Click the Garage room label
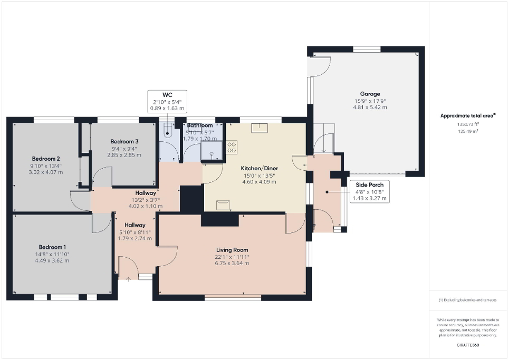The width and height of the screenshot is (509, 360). pyautogui.click(x=370, y=94)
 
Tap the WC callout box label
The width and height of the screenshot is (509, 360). pyautogui.click(x=167, y=95)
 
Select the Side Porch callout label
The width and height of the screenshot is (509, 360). pyautogui.click(x=369, y=184)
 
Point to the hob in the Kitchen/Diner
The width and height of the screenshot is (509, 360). pyautogui.click(x=232, y=147)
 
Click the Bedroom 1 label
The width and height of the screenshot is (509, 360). pyautogui.click(x=52, y=247)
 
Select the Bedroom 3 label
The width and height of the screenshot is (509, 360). pyautogui.click(x=124, y=141)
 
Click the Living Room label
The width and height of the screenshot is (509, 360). pyautogui.click(x=232, y=250)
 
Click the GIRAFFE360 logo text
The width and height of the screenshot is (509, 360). pyautogui.click(x=468, y=345)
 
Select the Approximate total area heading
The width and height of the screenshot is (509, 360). pyautogui.click(x=468, y=115)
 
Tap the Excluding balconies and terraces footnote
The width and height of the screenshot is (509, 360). pyautogui.click(x=468, y=300)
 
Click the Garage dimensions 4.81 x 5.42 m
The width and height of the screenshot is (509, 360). pyautogui.click(x=370, y=107)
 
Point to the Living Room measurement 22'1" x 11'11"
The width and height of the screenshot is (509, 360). pyautogui.click(x=232, y=257)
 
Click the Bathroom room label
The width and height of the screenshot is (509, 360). pyautogui.click(x=200, y=125)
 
